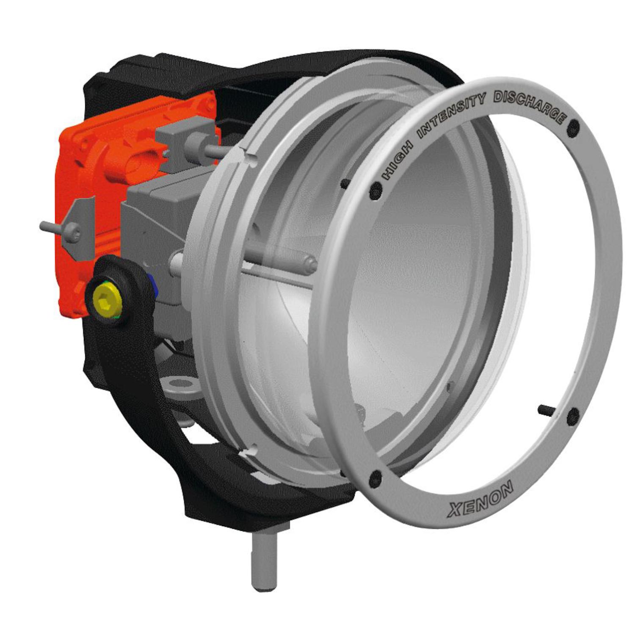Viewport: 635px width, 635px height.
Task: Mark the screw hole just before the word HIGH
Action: (x=375, y=191)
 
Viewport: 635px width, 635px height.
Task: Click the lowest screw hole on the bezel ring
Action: (x=375, y=479)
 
